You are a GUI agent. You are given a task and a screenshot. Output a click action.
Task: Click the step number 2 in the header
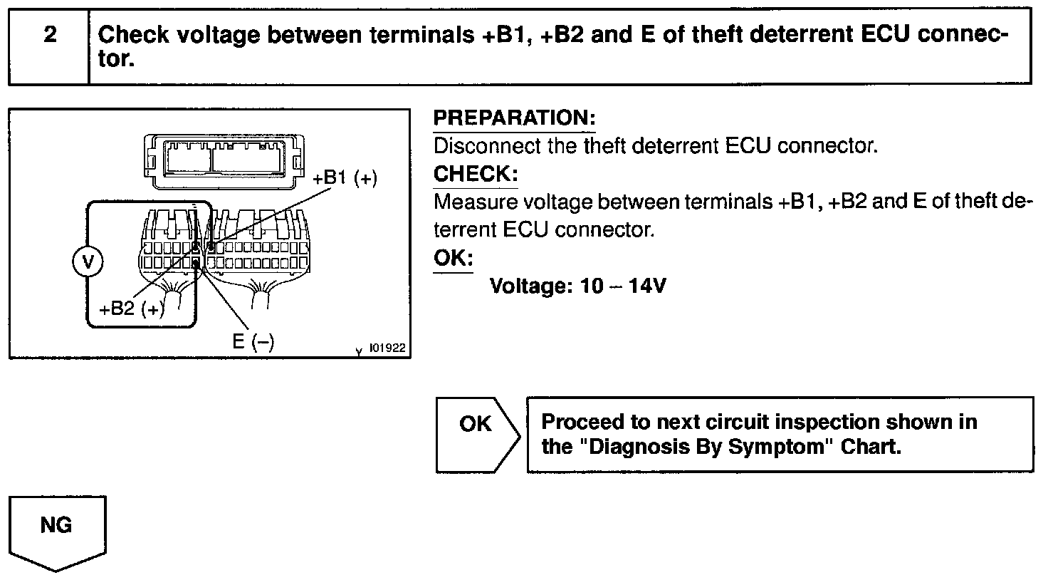pos(50,35)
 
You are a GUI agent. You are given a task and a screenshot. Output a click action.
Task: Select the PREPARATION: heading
pos(514,118)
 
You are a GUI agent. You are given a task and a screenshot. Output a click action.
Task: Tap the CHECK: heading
pos(476,174)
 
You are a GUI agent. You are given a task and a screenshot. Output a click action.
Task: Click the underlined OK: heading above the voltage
pos(453,257)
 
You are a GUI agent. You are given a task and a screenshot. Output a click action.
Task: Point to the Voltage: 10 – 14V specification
pos(578,286)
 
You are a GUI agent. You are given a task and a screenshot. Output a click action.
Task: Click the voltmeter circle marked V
pos(88,262)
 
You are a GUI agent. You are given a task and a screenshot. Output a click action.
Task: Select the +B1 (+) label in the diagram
pos(345,178)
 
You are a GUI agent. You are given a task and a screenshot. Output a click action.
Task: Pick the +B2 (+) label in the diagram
pos(132,309)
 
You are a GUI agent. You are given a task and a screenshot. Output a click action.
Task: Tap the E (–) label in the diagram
pos(253,341)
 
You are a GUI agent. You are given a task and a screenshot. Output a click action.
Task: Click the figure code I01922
pos(388,348)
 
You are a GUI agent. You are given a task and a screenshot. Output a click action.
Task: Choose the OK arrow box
pos(476,434)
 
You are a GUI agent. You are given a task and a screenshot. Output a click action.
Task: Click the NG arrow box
pos(57,531)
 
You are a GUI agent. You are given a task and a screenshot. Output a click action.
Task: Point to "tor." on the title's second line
pos(115,60)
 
